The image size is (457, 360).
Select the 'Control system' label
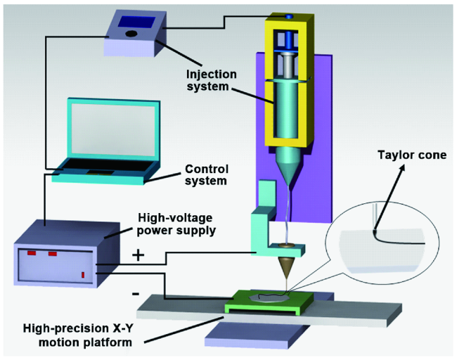pos(208,174)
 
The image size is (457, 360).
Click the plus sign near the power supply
pos(138,255)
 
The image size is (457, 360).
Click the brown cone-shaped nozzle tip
pos(285,269)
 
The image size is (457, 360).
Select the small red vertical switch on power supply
pos(83,274)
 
